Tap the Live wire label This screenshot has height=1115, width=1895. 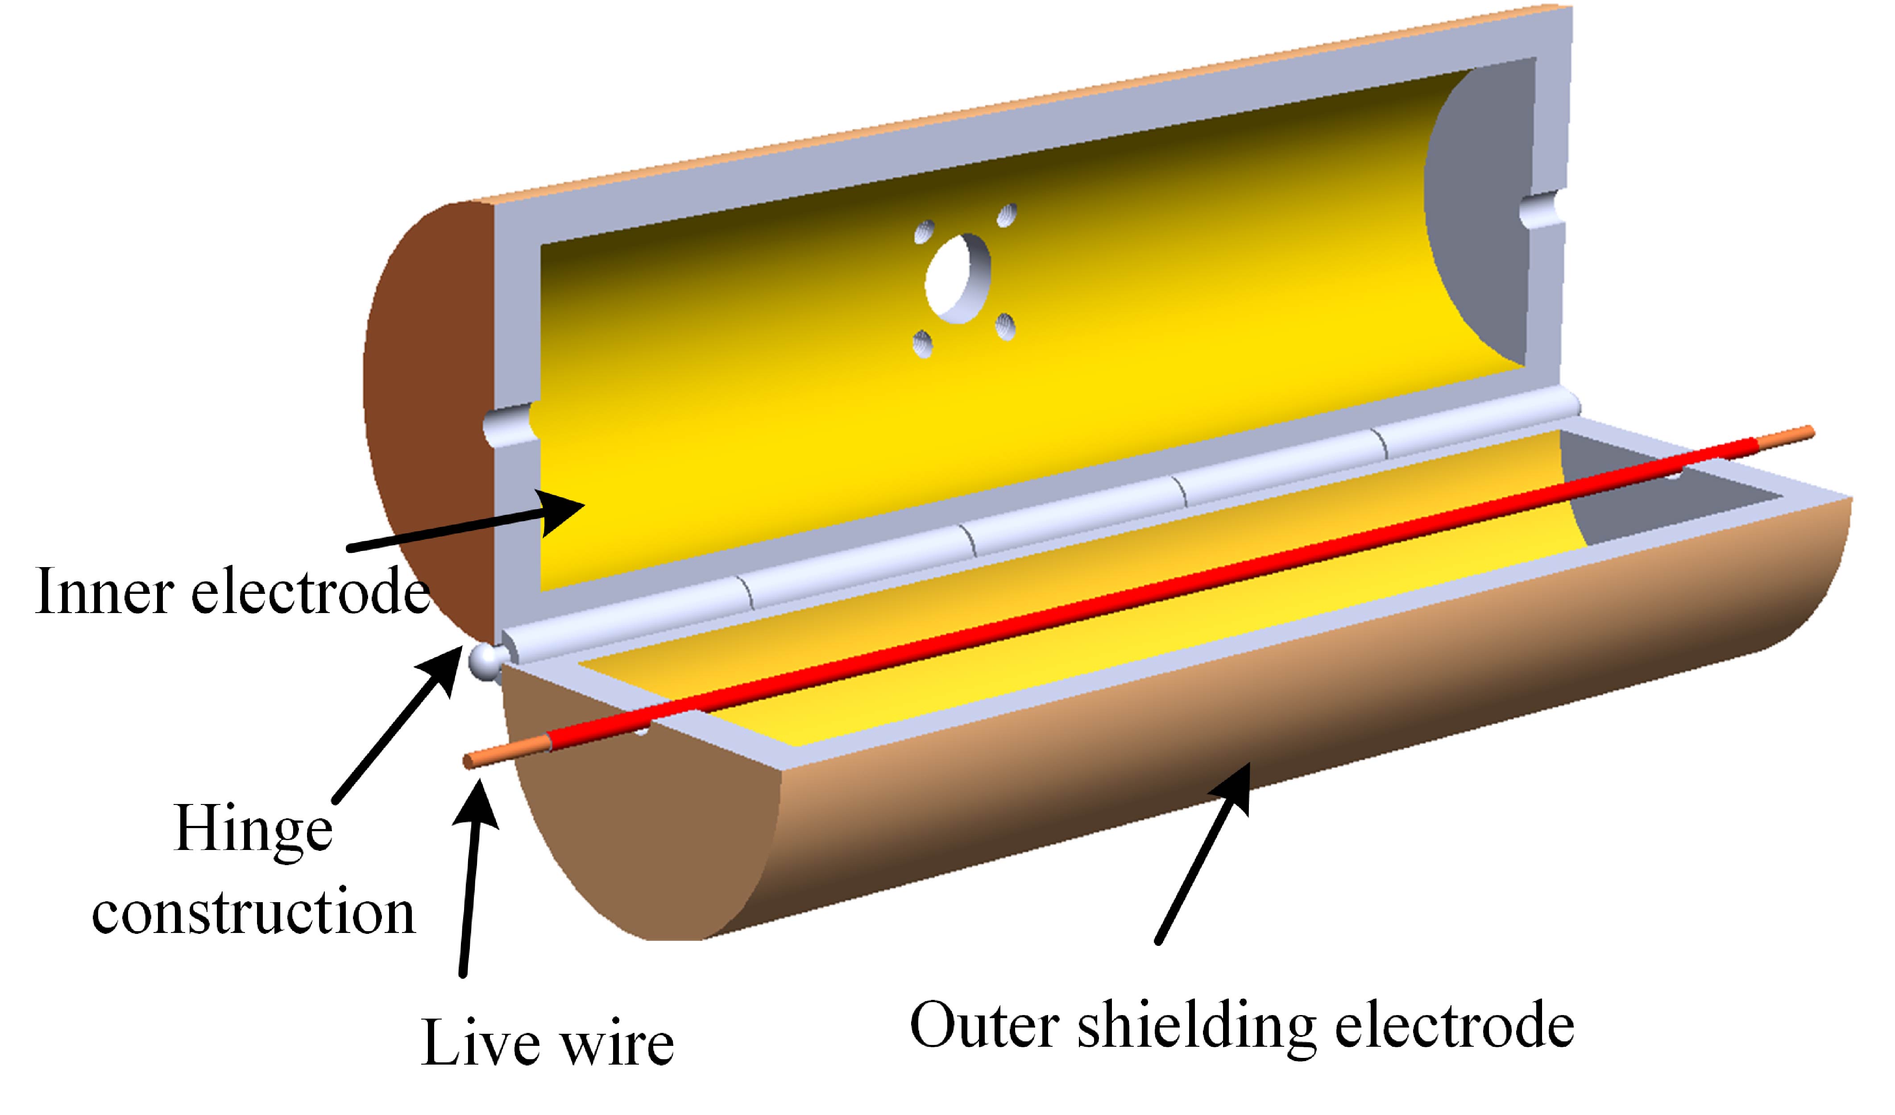click(x=547, y=1043)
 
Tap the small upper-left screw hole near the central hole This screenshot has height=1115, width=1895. click(x=924, y=232)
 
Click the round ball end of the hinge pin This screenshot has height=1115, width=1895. click(x=485, y=661)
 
